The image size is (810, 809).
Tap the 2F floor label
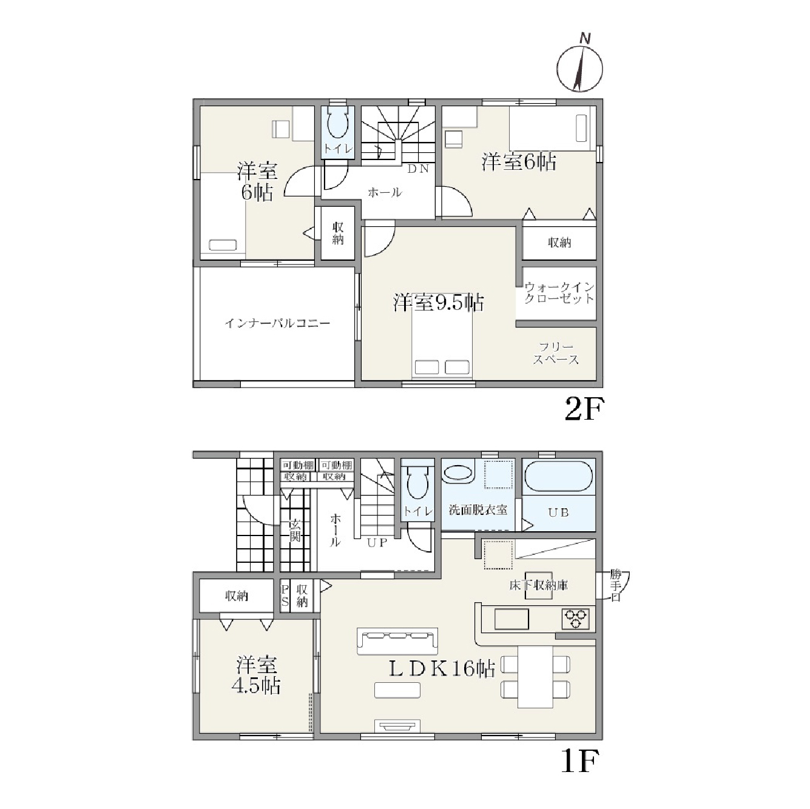click(584, 409)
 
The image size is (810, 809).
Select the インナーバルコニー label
click(277, 323)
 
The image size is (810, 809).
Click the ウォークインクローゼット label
click(559, 293)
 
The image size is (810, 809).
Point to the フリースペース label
click(556, 353)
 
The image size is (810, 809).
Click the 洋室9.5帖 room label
click(439, 302)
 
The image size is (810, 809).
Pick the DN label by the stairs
click(418, 169)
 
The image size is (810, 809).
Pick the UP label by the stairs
click(377, 543)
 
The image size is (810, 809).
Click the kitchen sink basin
click(511, 619)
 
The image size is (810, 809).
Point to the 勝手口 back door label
click(615, 585)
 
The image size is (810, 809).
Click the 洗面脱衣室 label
click(478, 510)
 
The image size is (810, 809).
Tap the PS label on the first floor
click(285, 596)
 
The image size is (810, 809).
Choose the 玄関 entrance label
click(295, 530)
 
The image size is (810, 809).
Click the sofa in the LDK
click(397, 641)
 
